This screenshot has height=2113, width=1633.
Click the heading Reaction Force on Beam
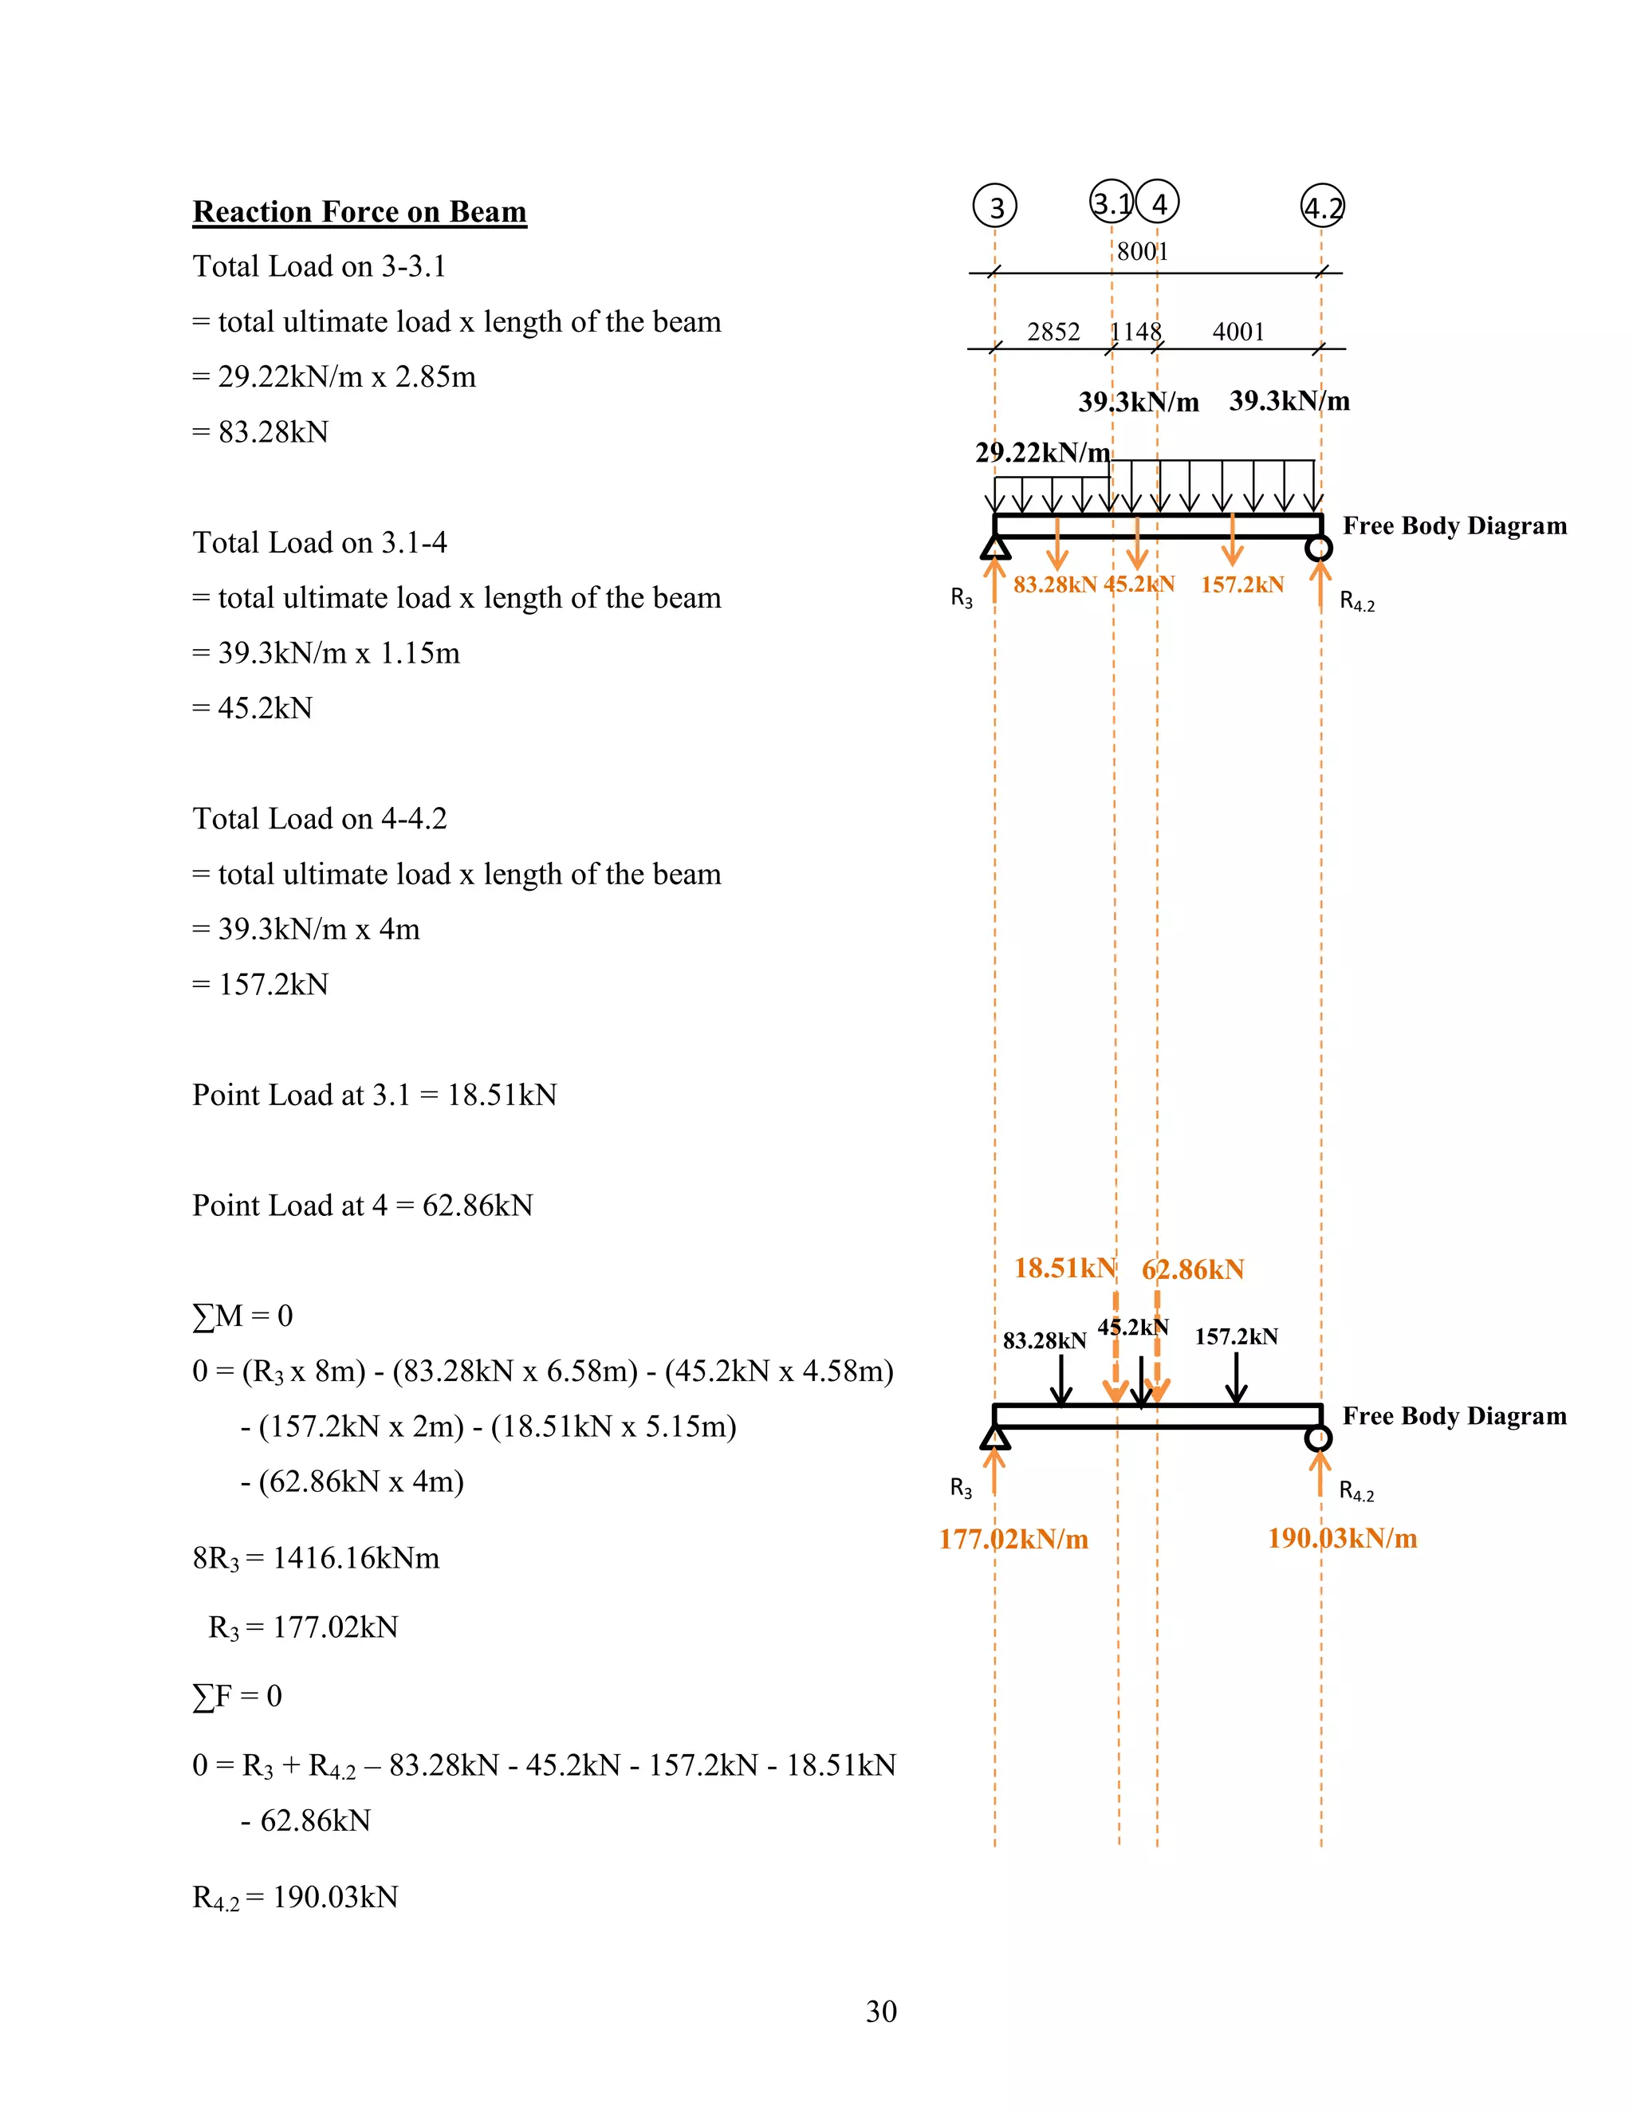pos(359,212)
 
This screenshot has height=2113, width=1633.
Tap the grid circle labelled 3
pos(994,205)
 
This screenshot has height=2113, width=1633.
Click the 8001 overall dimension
pos(1143,251)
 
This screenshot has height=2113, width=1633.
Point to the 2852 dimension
pos(1053,332)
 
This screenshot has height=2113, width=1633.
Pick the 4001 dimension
pos(1238,332)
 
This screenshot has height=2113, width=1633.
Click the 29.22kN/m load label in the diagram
pos(1042,452)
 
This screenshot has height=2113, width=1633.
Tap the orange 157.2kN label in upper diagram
pos(1242,584)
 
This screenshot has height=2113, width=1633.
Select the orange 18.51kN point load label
pos(1064,1268)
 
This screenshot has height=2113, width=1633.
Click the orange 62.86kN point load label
pos(1193,1269)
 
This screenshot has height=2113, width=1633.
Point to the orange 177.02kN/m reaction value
pos(1013,1538)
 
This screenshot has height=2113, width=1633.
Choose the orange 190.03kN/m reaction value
pos(1342,1537)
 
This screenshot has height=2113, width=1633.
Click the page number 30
pos(881,2012)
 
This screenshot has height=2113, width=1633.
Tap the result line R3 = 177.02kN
pos(303,1627)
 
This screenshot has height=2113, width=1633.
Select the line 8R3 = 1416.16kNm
pos(316,1558)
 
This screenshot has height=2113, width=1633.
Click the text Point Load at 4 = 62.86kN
pos(363,1206)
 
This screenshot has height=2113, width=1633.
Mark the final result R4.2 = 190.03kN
pos(295,1897)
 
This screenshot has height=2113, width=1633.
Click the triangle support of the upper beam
pos(994,549)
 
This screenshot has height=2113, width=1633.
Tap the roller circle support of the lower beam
pos(1317,1438)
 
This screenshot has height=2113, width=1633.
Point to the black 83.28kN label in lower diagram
pos(1044,1340)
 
